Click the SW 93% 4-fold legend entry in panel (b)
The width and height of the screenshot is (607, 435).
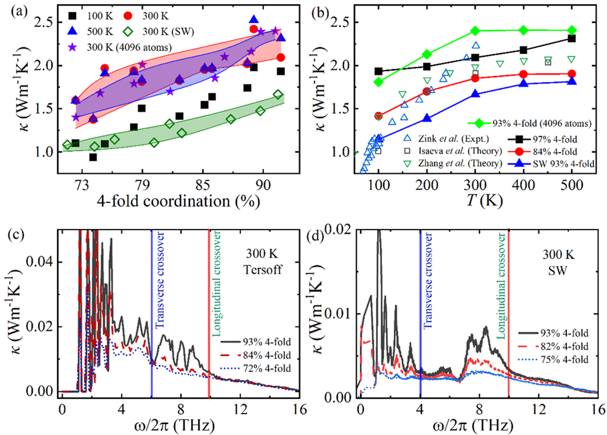click(546, 163)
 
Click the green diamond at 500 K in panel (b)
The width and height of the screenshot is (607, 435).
click(571, 30)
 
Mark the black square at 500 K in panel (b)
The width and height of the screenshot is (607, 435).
click(571, 38)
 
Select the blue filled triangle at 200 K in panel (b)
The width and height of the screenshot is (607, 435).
click(427, 118)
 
